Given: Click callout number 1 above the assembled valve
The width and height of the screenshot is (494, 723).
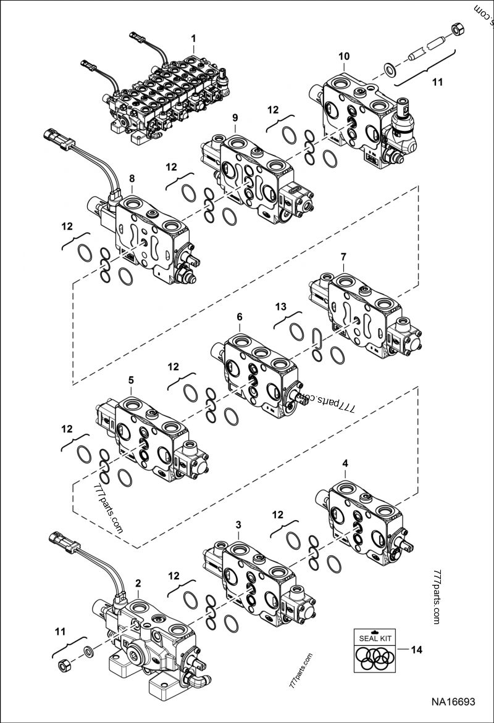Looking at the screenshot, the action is point(194,38).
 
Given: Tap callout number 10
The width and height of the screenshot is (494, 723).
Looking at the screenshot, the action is point(344,56).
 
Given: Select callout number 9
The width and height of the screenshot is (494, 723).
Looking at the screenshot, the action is point(235,118).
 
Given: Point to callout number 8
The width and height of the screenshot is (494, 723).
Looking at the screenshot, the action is point(132,178).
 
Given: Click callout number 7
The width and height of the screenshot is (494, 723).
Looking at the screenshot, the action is point(343,257).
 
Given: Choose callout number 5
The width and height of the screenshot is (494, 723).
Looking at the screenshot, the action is point(131,380).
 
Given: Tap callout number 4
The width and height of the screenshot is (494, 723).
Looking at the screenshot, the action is point(345,463).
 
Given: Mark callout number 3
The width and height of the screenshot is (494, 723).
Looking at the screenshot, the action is point(238,525).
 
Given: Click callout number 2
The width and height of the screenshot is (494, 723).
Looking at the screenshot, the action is point(138,584).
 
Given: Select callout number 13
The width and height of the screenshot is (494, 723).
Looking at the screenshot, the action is point(281,307).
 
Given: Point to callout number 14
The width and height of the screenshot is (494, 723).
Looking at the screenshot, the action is point(416,650).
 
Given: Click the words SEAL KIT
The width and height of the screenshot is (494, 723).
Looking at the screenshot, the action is point(375,638).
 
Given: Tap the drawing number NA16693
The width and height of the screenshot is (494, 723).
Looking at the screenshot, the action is point(453,702).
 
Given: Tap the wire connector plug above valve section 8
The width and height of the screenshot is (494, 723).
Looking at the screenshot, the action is point(59,139).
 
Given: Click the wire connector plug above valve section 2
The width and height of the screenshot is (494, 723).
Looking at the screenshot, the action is point(65,542).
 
